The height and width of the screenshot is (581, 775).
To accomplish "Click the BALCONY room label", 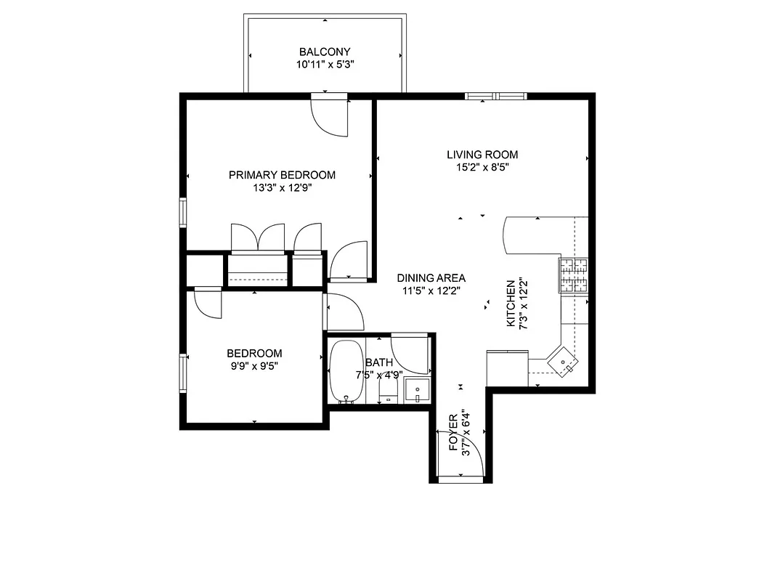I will [x=325, y=52].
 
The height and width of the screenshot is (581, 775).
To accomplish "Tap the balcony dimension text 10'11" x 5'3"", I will [x=325, y=65].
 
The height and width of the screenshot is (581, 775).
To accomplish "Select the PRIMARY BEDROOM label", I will [x=282, y=174].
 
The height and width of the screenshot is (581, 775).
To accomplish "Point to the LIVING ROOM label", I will [x=482, y=154].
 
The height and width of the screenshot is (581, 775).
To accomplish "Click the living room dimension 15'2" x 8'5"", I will [x=482, y=167].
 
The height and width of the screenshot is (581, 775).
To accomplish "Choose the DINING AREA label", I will [x=431, y=277].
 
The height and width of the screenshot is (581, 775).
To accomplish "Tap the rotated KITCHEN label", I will [x=511, y=303].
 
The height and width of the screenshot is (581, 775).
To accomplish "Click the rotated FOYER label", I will [x=454, y=433].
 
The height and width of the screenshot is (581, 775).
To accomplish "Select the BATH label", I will [x=378, y=362].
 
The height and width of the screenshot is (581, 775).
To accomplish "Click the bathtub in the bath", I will [x=344, y=370].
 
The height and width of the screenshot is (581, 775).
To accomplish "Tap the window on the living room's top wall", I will [x=495, y=95].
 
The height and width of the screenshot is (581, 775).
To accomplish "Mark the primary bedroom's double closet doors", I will [x=257, y=238].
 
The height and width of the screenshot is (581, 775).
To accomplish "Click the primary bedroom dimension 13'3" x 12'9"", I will [x=282, y=187].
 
